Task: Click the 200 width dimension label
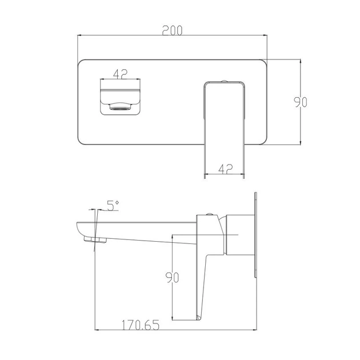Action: [172, 30]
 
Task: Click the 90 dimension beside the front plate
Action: [301, 102]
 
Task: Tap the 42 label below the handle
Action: [226, 169]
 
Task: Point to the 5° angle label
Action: [113, 206]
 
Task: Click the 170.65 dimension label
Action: [140, 325]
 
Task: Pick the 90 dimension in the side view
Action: [172, 277]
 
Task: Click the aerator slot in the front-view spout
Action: [121, 106]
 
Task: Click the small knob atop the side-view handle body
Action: [209, 214]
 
